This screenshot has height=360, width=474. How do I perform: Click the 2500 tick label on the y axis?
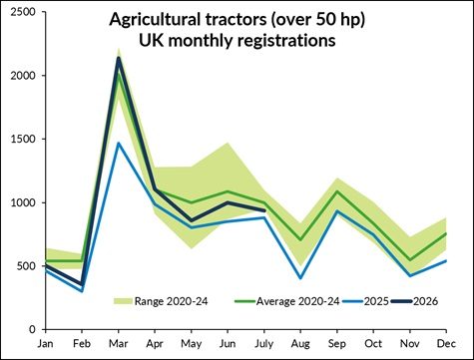pyautogui.click(x=23, y=12)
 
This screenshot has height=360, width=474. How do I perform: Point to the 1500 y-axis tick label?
pyautogui.click(x=23, y=140)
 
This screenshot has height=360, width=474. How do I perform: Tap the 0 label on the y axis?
pyautogui.click(x=32, y=329)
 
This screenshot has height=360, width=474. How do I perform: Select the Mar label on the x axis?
pyautogui.click(x=119, y=344)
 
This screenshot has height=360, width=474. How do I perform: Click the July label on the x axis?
pyautogui.click(x=264, y=344)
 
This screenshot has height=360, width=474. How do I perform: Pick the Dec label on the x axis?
pyautogui.click(x=446, y=344)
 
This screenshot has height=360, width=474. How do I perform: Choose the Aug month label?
pyautogui.click(x=300, y=344)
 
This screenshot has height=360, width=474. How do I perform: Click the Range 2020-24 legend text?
pyautogui.click(x=171, y=301)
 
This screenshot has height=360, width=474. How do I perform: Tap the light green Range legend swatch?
pyautogui.click(x=123, y=301)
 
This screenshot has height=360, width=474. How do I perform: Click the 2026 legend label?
pyautogui.click(x=426, y=301)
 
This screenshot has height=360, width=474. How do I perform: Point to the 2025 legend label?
pyautogui.click(x=376, y=301)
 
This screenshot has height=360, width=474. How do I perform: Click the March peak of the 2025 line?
pyautogui.click(x=118, y=144)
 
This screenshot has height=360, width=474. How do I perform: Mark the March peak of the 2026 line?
pyautogui.click(x=119, y=59)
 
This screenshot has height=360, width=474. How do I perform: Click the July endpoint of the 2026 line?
pyautogui.click(x=264, y=210)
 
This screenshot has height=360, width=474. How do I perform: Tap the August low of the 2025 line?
pyautogui.click(x=300, y=278)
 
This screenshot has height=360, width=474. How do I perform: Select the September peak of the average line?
pyautogui.click(x=337, y=191)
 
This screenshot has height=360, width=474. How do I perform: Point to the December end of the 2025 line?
pyautogui.click(x=445, y=261)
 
